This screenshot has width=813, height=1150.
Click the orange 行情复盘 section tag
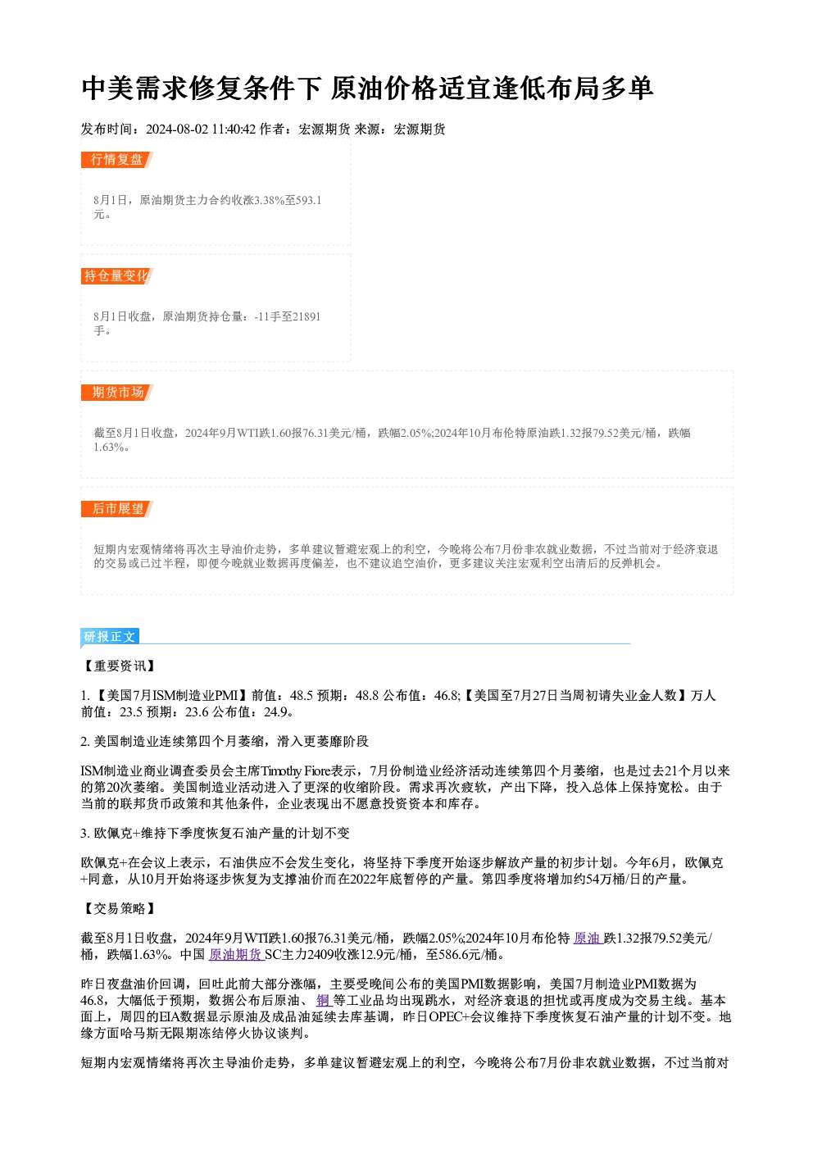(x=117, y=160)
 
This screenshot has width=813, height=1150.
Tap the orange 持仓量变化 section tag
(x=117, y=276)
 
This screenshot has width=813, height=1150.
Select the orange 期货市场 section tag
(x=117, y=393)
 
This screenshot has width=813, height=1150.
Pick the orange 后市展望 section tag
(x=117, y=509)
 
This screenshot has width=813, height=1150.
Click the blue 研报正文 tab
(x=110, y=637)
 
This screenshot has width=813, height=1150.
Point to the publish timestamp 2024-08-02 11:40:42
(x=201, y=130)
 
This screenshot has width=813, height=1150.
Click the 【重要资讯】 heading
(x=119, y=666)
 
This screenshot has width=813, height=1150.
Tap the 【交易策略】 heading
(x=119, y=908)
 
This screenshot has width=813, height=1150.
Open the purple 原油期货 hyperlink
(x=236, y=954)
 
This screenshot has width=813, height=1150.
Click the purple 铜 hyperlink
(x=324, y=1000)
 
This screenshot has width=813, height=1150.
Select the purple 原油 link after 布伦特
(x=587, y=938)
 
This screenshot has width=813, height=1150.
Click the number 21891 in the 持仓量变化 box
(x=307, y=316)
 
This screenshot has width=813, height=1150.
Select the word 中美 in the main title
(x=108, y=89)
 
